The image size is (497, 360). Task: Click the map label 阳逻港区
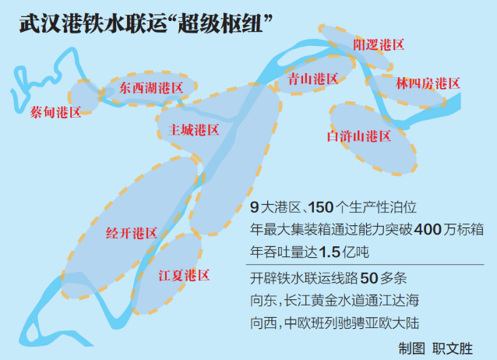click(x=379, y=44)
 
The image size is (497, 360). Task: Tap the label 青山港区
click(x=313, y=79)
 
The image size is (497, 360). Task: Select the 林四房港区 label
click(x=428, y=83)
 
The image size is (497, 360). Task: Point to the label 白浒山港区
click(x=359, y=136)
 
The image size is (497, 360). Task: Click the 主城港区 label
click(x=194, y=130)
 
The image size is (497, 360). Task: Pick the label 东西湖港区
click(x=151, y=88)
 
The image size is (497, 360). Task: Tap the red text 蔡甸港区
click(x=56, y=112)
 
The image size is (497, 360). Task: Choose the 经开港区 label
click(x=132, y=234)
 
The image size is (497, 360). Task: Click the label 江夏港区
click(x=184, y=275)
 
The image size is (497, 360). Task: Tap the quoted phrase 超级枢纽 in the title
click(x=220, y=24)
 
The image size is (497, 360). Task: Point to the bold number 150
click(x=321, y=207)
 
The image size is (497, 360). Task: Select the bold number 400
click(x=428, y=229)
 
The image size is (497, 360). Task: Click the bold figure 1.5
click(x=330, y=252)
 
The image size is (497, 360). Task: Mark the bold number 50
click(x=369, y=278)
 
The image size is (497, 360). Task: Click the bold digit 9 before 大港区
click(x=254, y=207)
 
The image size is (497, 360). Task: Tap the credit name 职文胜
click(x=453, y=349)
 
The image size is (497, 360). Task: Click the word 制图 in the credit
click(x=412, y=349)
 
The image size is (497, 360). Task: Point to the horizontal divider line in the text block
click(x=365, y=264)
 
